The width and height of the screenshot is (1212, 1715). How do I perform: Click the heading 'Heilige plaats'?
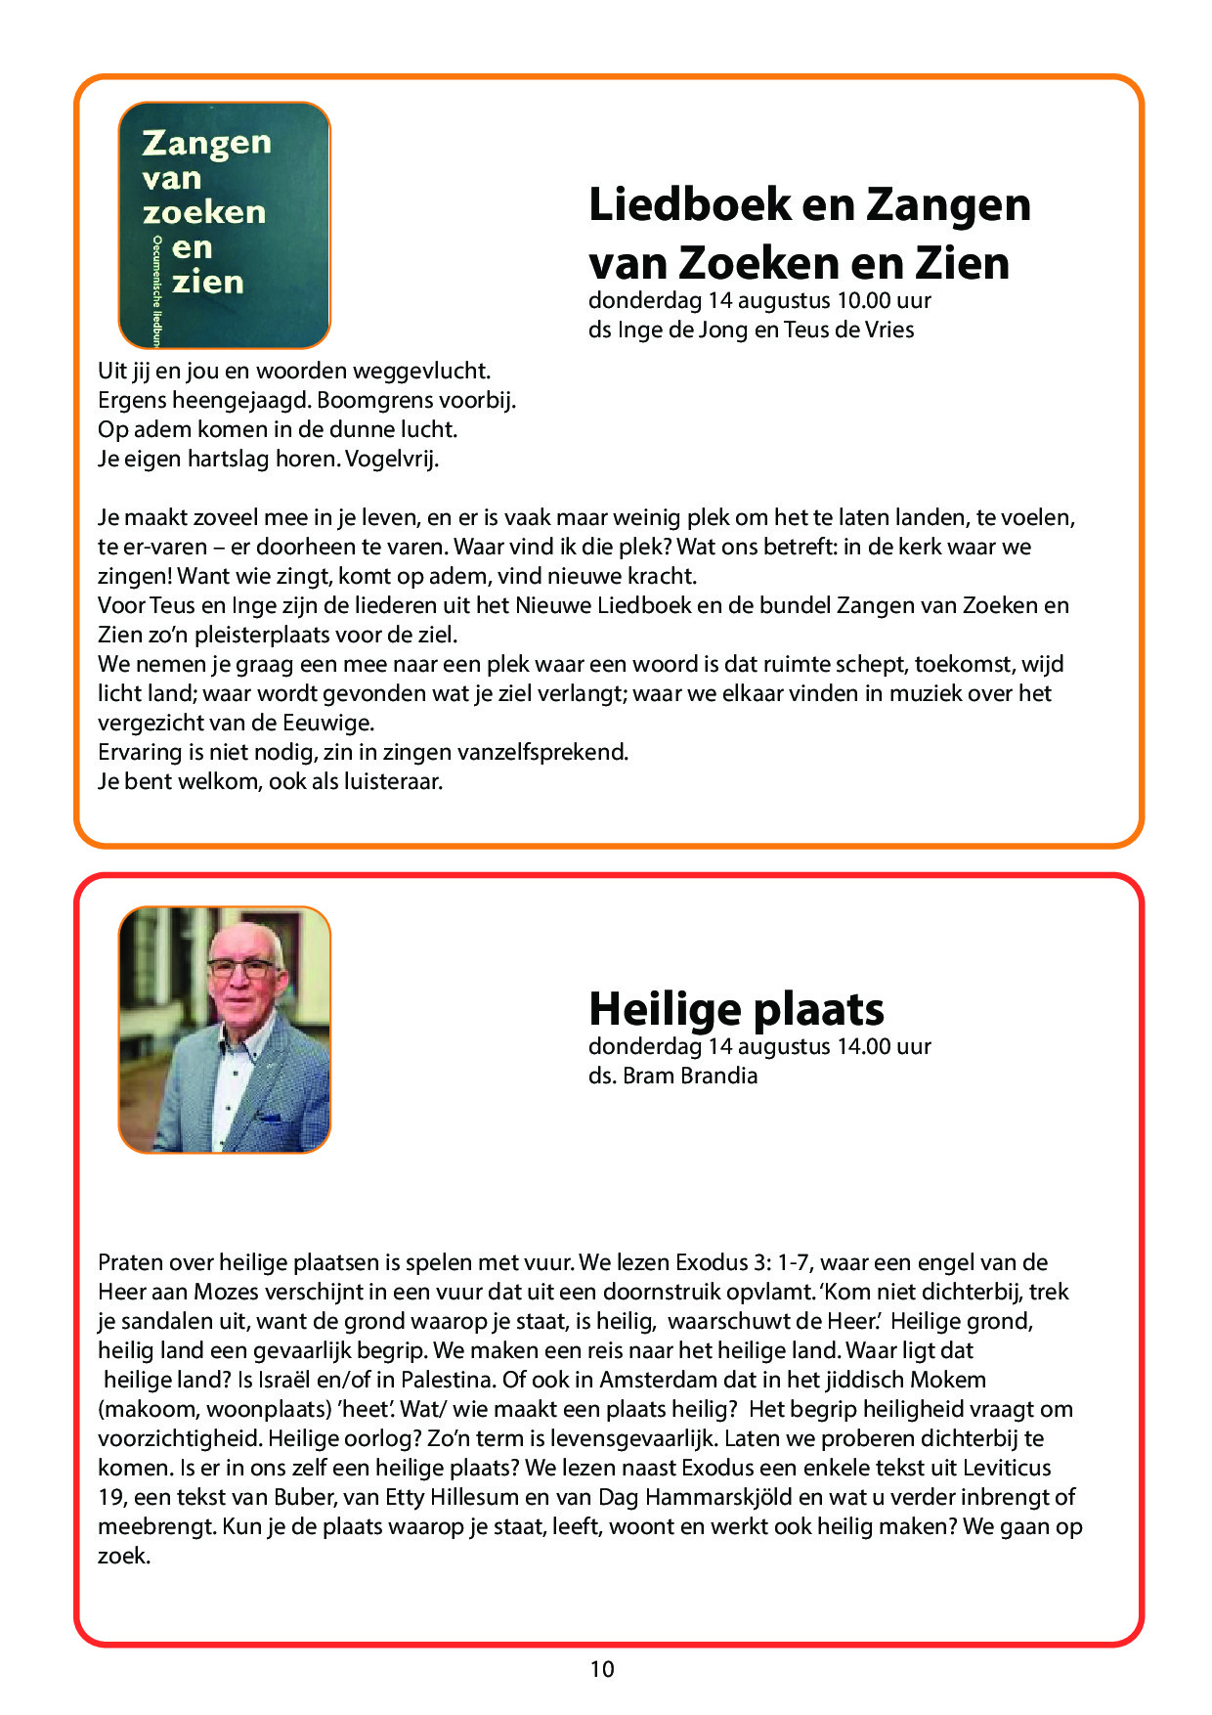[x=736, y=1009]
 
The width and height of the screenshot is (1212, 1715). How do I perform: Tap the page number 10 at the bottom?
[x=602, y=1669]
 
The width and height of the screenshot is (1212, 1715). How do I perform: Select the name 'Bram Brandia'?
[x=690, y=1076]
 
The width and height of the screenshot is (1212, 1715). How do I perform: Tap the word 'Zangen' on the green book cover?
[x=206, y=143]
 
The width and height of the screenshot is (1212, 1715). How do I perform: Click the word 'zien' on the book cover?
[x=207, y=283]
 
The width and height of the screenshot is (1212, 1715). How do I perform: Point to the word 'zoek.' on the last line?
[x=124, y=1556]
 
